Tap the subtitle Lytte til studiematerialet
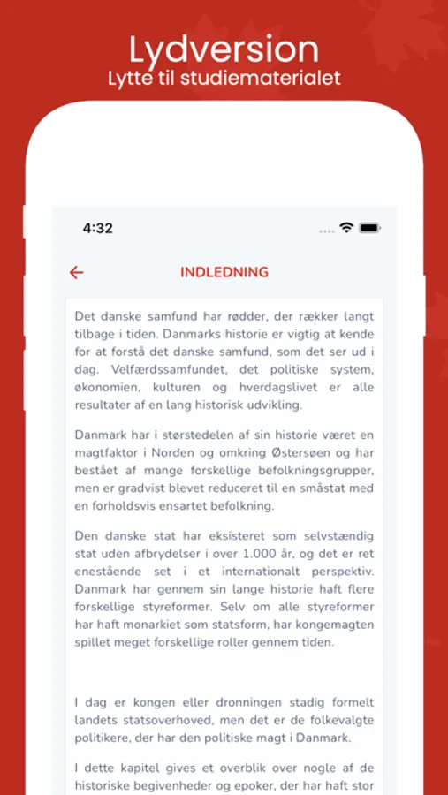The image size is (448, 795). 224,78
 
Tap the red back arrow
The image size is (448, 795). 77,272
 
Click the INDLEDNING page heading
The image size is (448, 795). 224,272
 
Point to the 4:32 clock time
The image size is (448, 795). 97,228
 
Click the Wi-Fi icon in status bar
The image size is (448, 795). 346,228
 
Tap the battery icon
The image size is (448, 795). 369,228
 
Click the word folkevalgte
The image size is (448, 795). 336,720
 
